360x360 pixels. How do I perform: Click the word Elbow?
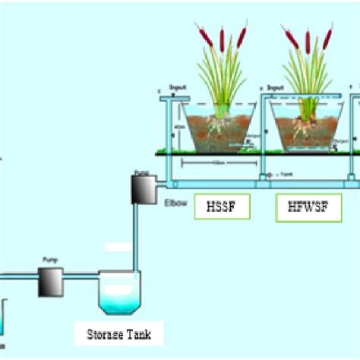174,202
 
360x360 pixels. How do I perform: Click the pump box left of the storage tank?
51,283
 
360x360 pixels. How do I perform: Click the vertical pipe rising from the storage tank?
137,243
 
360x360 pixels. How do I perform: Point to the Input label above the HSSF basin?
181,89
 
